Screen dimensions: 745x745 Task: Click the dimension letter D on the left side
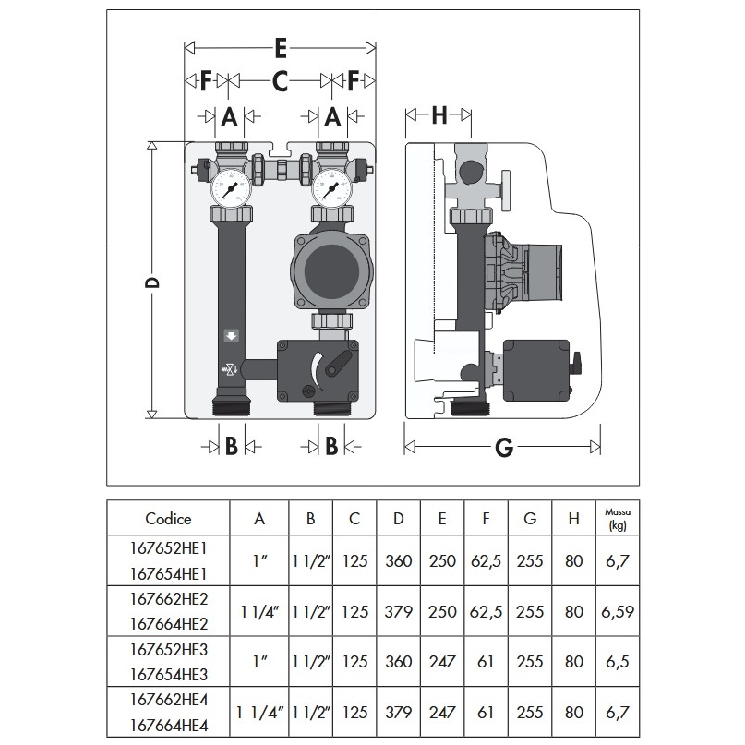153,281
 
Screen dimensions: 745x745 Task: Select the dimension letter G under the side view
504,448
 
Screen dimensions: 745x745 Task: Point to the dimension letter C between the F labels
281,82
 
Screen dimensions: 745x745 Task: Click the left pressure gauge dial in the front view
230,189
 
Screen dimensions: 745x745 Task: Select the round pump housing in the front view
331,272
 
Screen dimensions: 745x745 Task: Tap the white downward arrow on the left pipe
231,337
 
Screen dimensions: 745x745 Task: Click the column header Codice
168,519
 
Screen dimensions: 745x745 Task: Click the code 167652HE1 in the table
168,547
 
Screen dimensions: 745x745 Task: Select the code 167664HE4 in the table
168,726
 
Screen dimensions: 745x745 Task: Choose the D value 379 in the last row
399,713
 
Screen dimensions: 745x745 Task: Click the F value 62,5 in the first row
486,560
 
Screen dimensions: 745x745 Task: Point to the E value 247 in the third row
442,662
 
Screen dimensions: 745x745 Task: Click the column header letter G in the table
529,519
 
